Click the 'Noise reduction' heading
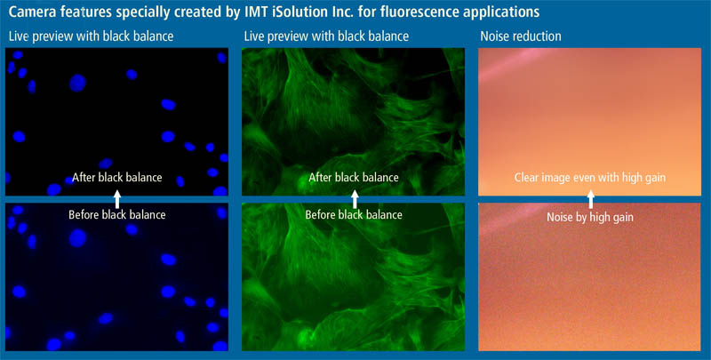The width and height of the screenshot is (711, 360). pos(521,36)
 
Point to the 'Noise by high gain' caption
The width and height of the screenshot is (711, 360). pos(590,217)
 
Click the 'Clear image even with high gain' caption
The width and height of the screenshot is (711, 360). pos(590,177)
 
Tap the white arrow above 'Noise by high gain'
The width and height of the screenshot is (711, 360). pos(590,199)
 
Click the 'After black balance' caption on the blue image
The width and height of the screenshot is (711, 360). pos(117,177)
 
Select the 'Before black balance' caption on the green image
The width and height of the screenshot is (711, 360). pos(354,214)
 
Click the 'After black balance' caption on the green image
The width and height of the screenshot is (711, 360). pos(354,177)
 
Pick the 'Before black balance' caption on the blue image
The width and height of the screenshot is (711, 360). pos(117,214)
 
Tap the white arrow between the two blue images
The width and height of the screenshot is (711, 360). pos(117,199)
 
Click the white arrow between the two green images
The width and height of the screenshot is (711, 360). pos(355,199)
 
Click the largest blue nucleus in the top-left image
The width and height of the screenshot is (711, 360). pos(77,83)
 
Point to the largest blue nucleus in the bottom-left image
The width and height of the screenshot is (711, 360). pos(77,238)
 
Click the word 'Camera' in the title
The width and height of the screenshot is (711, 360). pos(30,12)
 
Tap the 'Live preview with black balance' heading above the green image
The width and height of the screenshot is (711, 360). pos(326,36)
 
